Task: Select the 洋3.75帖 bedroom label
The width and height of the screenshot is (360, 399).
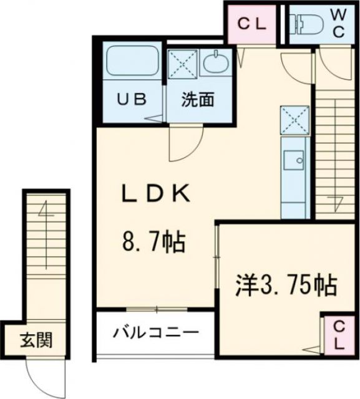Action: tap(286, 286)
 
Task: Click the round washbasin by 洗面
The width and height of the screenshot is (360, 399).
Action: tap(218, 62)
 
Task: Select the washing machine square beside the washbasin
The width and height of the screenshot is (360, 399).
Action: tap(183, 63)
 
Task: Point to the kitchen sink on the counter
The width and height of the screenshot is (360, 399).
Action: tap(293, 160)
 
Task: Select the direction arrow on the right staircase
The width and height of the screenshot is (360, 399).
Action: tap(337, 201)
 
